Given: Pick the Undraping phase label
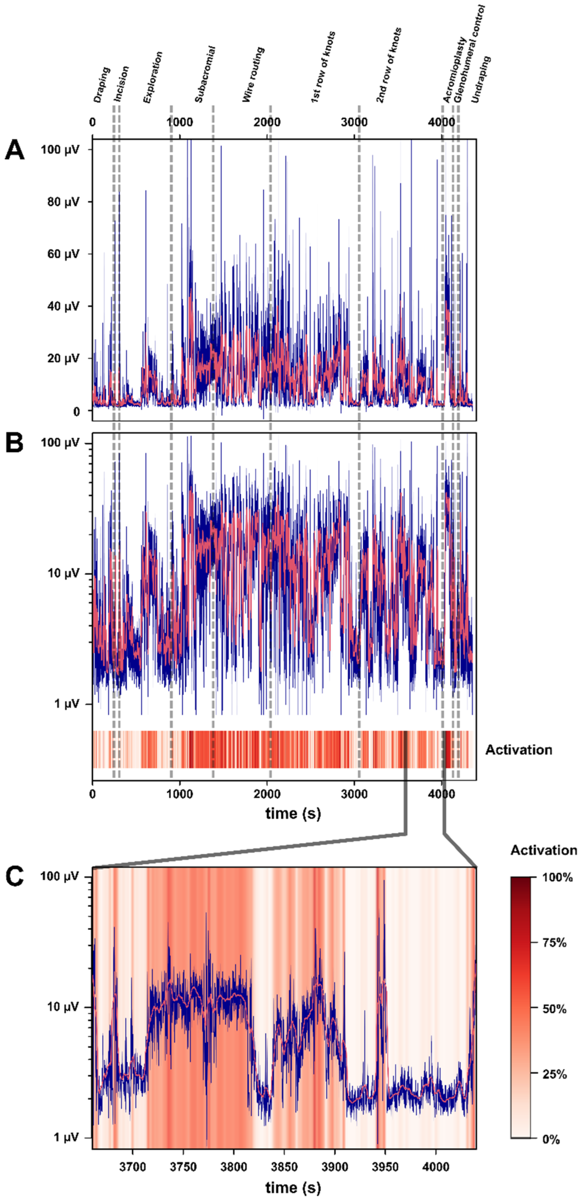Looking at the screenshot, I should (481, 79).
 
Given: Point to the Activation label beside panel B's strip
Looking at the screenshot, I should (519, 750).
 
